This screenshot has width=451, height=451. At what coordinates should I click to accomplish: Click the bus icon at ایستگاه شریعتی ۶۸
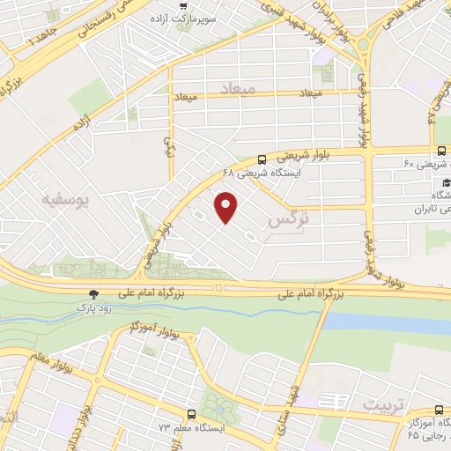click(263, 160)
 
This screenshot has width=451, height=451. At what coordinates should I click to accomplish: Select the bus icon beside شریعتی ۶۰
click(440, 151)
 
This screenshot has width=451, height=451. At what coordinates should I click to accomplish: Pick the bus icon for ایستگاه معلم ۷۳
click(191, 414)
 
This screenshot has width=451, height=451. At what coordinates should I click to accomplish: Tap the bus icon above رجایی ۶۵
click(440, 410)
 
